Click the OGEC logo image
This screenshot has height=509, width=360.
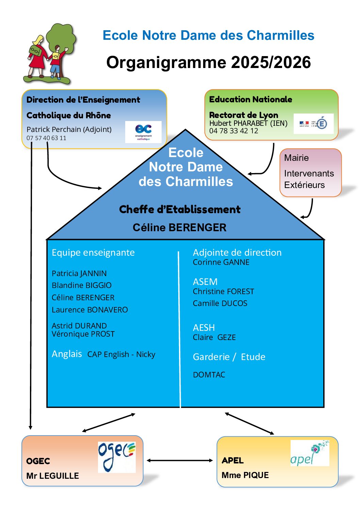pos(117,457)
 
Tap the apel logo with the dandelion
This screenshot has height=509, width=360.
pos(310,453)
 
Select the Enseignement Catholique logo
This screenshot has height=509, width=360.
pos(143,132)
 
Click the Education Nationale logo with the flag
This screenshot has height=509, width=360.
pos(313,123)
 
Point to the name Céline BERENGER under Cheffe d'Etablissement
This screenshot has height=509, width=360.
pos(179,227)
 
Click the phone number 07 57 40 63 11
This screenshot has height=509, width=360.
pos(46,138)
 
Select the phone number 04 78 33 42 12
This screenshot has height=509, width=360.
pos(233,131)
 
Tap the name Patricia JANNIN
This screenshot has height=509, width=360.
pos(79,273)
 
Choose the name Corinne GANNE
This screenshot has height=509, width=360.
pos(221,262)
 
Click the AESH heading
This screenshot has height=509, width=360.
pos(204,327)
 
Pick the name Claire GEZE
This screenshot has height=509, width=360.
pos(214,337)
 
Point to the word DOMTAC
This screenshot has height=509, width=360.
pos(209,375)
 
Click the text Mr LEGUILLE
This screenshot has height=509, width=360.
pos(52,476)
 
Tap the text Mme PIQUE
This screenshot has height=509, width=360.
pos(245,475)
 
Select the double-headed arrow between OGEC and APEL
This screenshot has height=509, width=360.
pos(180,460)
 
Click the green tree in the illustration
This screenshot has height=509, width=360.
pos(61,36)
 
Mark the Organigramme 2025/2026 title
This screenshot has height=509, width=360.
pos(208,62)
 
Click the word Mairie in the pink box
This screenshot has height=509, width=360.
pos(296,158)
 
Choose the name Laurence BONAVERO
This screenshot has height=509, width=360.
pos(90,310)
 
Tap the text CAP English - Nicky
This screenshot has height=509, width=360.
pos(121,354)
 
